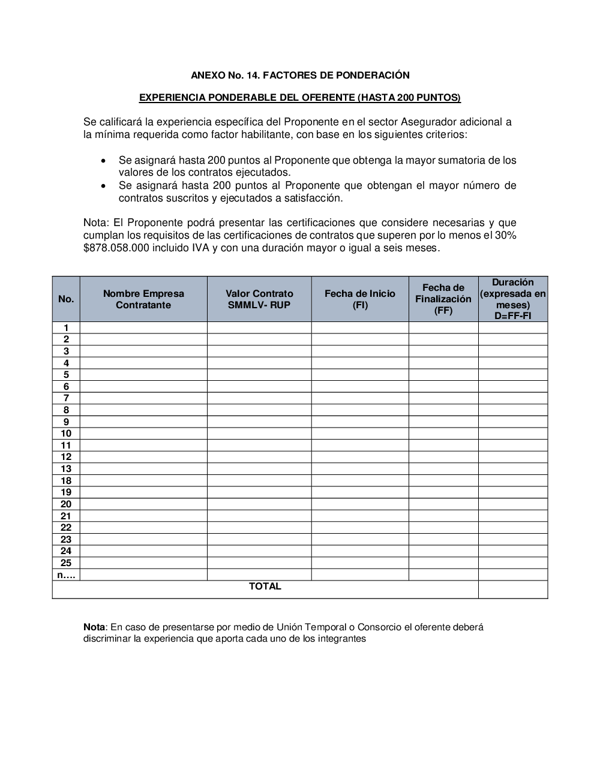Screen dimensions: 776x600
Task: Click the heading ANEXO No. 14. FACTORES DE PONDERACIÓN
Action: pyautogui.click(x=300, y=75)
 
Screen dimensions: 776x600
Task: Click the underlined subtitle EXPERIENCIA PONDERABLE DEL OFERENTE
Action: pyautogui.click(x=300, y=97)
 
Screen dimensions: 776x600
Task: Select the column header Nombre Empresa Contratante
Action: pyautogui.click(x=143, y=299)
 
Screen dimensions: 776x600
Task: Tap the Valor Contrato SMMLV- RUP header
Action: pyautogui.click(x=259, y=299)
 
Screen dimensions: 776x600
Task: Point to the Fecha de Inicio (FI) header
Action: pyautogui.click(x=360, y=299)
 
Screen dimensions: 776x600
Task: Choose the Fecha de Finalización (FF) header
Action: pyautogui.click(x=443, y=299)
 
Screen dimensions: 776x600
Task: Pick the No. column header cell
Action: pyautogui.click(x=66, y=299)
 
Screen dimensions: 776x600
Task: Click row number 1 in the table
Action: pyautogui.click(x=66, y=327)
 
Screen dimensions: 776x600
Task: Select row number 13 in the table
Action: pyautogui.click(x=66, y=469)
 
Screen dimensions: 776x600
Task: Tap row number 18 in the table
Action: pyautogui.click(x=66, y=480)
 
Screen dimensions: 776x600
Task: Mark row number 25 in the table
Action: pyautogui.click(x=66, y=563)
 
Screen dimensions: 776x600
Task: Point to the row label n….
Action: pyautogui.click(x=66, y=575)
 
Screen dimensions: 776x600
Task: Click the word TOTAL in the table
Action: pyautogui.click(x=265, y=586)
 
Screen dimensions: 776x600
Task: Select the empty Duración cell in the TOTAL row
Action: pyautogui.click(x=513, y=589)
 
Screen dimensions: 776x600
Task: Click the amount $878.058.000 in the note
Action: pyautogui.click(x=116, y=248)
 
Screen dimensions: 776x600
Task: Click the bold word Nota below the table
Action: pyautogui.click(x=94, y=627)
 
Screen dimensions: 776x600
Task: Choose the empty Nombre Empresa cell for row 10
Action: pyautogui.click(x=143, y=434)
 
